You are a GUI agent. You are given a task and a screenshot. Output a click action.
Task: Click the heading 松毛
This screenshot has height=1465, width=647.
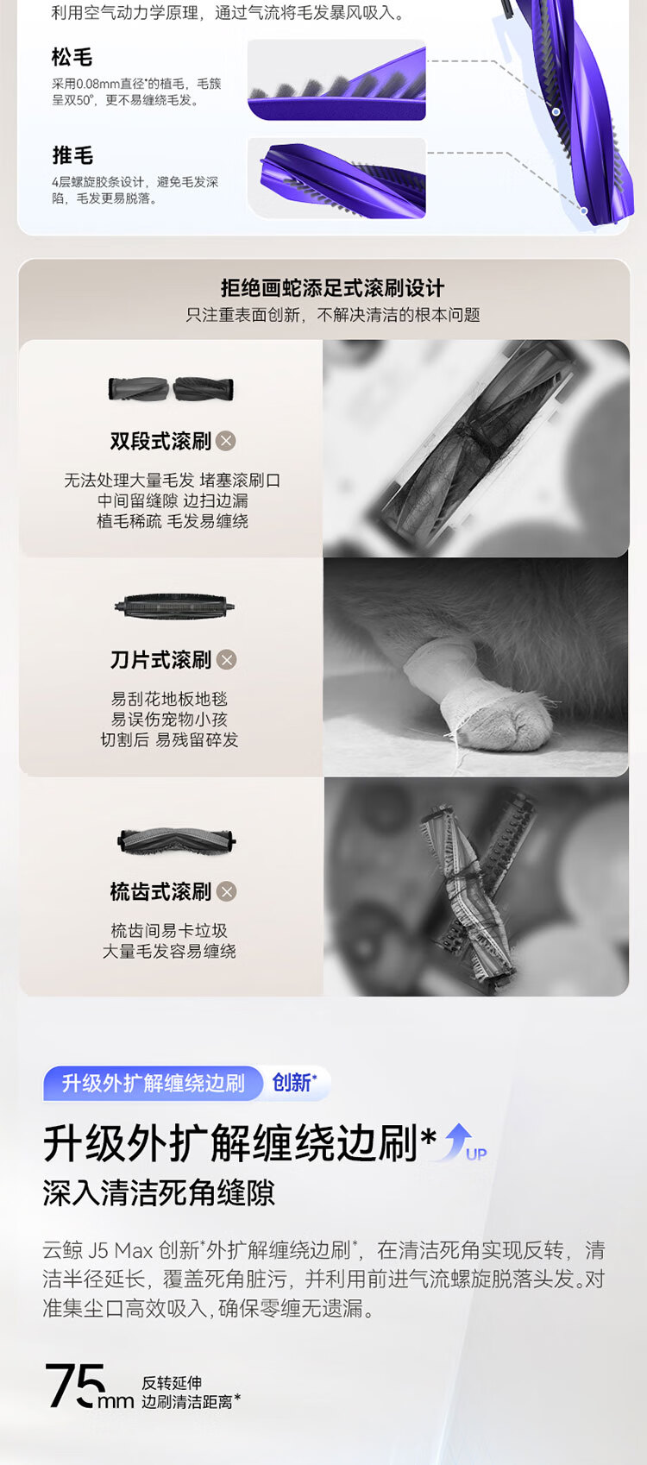pyautogui.click(x=72, y=58)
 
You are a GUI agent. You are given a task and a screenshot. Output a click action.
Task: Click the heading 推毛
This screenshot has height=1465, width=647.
pyautogui.click(x=72, y=155)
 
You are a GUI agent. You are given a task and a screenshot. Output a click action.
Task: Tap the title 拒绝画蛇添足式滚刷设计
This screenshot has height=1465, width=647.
pyautogui.click(x=332, y=288)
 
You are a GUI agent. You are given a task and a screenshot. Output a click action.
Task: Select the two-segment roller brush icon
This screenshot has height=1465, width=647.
pyautogui.click(x=171, y=389)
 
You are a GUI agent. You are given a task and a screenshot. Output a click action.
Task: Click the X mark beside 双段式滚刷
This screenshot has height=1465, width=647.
pyautogui.click(x=226, y=441)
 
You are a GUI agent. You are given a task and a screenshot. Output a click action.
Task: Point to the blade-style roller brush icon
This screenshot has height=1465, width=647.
pyautogui.click(x=174, y=607)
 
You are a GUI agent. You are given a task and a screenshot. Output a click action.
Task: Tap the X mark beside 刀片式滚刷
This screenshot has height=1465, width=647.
pyautogui.click(x=226, y=660)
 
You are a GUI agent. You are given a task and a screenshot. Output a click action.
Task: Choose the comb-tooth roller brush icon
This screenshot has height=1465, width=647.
pyautogui.click(x=176, y=840)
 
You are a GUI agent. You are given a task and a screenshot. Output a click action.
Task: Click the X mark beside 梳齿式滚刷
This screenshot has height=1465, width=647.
pyautogui.click(x=226, y=891)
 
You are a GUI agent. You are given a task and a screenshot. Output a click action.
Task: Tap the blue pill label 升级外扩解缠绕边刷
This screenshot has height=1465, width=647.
pyautogui.click(x=153, y=1083)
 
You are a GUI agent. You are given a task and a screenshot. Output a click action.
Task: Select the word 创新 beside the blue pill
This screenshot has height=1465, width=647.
pyautogui.click(x=292, y=1083)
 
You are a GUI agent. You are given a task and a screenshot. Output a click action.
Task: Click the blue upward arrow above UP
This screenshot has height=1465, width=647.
pyautogui.click(x=459, y=1141)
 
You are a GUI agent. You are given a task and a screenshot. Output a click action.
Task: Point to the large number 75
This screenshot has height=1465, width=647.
pyautogui.click(x=75, y=1386)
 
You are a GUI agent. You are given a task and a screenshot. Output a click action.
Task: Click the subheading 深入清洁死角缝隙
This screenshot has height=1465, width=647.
pyautogui.click(x=159, y=1193)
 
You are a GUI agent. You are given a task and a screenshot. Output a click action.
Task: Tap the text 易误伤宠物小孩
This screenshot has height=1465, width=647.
pyautogui.click(x=169, y=720)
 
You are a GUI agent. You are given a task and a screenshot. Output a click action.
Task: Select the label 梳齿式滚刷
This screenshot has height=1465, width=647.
pyautogui.click(x=160, y=891)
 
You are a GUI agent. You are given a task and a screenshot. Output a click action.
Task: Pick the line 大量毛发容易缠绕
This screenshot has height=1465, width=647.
pyautogui.click(x=169, y=951)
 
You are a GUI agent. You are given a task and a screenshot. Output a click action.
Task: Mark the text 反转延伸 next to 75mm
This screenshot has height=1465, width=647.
pyautogui.click(x=172, y=1382)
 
